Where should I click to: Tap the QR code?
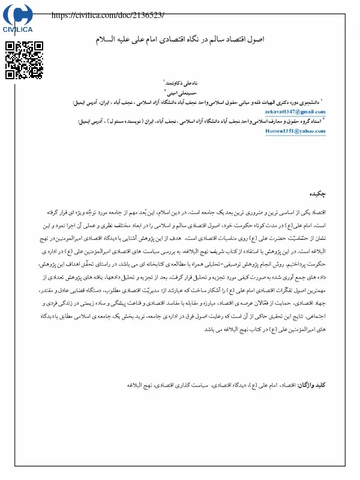tap(24, 60)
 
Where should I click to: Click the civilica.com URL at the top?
tap(108, 15)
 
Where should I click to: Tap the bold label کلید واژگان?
tap(313, 383)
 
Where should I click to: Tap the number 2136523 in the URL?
tap(146, 15)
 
